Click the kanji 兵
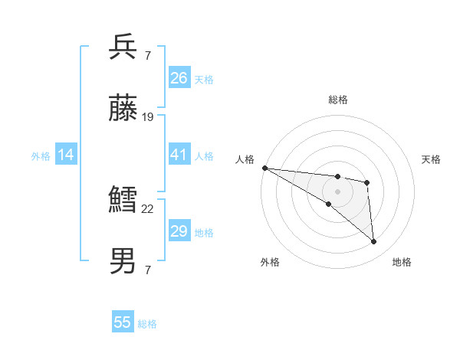tap(123, 47)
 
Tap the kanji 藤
tap(123, 110)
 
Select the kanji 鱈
tap(123, 201)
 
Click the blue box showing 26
tap(179, 77)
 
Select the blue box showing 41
tap(179, 155)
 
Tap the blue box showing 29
tap(179, 231)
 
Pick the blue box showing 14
tap(66, 155)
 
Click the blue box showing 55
tap(123, 322)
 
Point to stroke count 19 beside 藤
tap(148, 117)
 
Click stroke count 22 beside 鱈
tap(148, 208)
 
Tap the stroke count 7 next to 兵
tap(147, 55)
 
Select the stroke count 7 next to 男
tap(147, 270)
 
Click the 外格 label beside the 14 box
tap(41, 155)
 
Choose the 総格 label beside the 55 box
tap(147, 323)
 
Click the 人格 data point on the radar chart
tap(264, 168)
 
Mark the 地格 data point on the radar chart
tap(373, 242)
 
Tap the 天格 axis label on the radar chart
tap(431, 159)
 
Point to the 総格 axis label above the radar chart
tap(337, 100)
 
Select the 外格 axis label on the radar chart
tap(270, 262)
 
